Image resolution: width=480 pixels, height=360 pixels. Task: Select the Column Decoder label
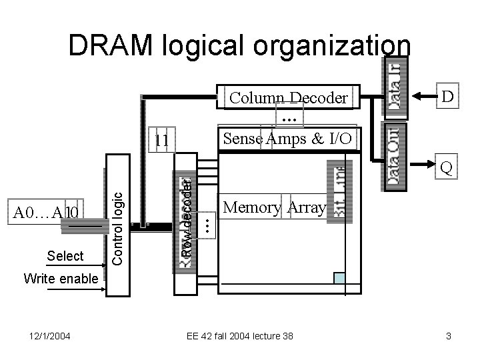click(288, 99)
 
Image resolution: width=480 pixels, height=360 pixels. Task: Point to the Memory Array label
click(275, 208)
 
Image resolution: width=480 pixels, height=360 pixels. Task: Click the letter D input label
click(448, 98)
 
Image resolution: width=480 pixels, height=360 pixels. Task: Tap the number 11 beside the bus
click(161, 141)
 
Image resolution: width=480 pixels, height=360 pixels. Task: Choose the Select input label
click(65, 256)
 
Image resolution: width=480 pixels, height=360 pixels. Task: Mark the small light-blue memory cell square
click(340, 279)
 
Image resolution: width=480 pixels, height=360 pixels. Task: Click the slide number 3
click(449, 336)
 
